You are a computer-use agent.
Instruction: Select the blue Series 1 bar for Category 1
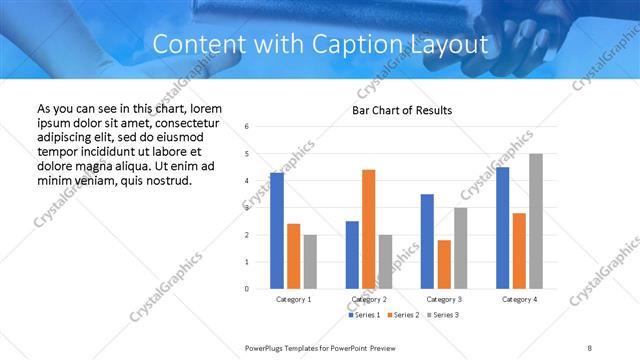pos(277,231)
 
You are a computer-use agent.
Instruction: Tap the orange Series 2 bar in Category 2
pos(368,229)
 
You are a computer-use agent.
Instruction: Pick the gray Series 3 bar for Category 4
pos(536,221)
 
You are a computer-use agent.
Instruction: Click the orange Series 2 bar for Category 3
pos(444,264)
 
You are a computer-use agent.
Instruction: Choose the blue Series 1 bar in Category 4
pos(502,228)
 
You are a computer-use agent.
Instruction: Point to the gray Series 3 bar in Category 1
pos(311,262)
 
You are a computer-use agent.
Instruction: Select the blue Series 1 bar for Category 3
pos(427,241)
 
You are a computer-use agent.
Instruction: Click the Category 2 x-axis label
pos(369,299)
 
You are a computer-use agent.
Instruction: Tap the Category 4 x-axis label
pos(519,299)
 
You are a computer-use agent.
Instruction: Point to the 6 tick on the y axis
pos(248,127)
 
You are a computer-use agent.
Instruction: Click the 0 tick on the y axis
pos(248,289)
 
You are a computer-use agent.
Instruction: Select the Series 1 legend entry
pos(365,315)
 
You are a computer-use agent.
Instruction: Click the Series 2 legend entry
pos(404,315)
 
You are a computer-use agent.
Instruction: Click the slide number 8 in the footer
pos(590,347)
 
